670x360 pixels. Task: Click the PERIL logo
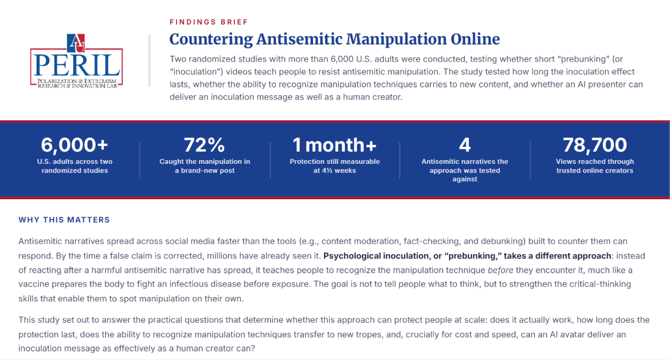(76, 61)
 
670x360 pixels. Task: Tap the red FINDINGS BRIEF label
(208, 22)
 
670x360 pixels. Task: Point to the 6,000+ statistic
(75, 145)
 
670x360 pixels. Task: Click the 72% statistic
(204, 145)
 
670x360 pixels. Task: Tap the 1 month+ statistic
(334, 145)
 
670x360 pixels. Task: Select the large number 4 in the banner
(465, 145)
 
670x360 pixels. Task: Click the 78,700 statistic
(595, 145)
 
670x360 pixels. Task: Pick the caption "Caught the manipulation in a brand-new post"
(205, 166)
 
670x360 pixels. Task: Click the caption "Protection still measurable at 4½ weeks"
(334, 166)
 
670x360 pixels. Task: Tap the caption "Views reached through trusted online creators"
(595, 166)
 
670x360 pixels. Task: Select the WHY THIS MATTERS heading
(64, 220)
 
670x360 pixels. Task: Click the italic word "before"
(501, 270)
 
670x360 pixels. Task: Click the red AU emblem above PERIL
(76, 43)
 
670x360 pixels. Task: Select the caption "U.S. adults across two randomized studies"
(75, 166)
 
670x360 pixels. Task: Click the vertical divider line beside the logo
(150, 61)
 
